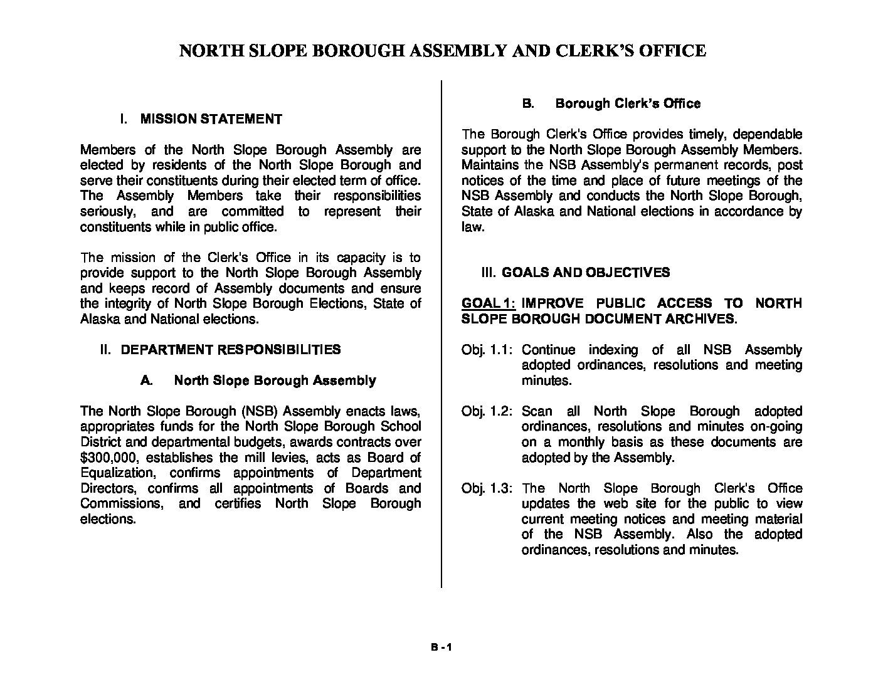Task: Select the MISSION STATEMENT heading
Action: click(x=211, y=119)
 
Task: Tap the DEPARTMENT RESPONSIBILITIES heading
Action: click(x=230, y=349)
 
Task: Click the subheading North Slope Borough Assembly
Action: click(x=274, y=380)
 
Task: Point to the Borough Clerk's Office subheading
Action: click(x=628, y=103)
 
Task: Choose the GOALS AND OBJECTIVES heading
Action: click(x=585, y=273)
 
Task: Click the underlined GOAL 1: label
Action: click(x=488, y=303)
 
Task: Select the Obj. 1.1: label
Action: click(x=487, y=350)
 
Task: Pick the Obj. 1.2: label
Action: click(x=487, y=411)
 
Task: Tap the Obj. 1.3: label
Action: click(x=487, y=488)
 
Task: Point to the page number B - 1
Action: click(x=441, y=649)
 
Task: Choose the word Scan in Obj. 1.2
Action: click(x=537, y=411)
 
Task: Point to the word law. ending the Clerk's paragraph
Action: click(x=472, y=227)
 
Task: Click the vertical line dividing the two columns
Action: click(x=441, y=332)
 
